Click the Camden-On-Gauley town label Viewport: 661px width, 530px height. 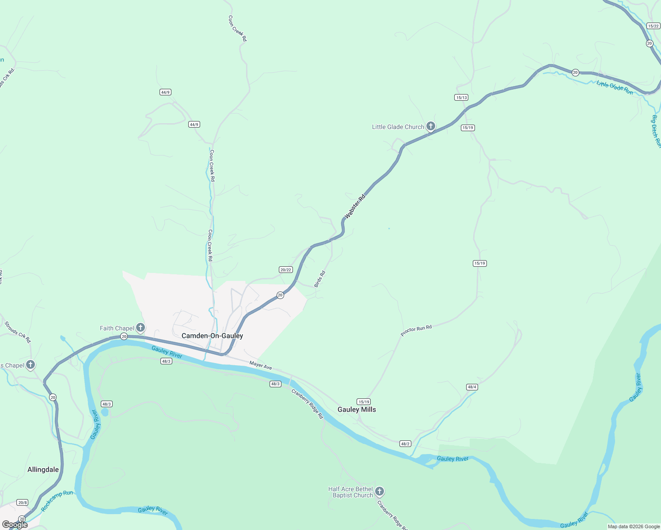[212, 336]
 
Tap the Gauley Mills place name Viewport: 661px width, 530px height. [357, 409]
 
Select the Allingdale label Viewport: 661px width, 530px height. [43, 469]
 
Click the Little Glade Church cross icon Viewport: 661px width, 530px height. [431, 126]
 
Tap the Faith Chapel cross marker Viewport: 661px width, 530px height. [141, 328]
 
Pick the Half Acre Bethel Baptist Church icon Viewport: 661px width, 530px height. [380, 492]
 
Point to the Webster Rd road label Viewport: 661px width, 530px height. [355, 206]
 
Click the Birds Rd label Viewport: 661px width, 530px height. [319, 279]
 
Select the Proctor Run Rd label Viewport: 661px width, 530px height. [416, 330]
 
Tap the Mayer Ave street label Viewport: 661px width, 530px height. [261, 365]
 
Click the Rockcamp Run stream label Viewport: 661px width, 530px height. [57, 501]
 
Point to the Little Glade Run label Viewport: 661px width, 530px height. [615, 87]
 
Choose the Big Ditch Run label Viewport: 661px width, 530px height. [656, 131]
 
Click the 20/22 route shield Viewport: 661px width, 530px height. [286, 270]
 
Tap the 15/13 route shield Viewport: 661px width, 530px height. [461, 98]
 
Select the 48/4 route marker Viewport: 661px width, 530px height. [472, 387]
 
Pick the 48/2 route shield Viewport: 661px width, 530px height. [405, 443]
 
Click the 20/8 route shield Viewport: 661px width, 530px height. [22, 503]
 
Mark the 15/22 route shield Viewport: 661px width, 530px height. [653, 26]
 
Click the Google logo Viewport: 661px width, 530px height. [15, 525]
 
